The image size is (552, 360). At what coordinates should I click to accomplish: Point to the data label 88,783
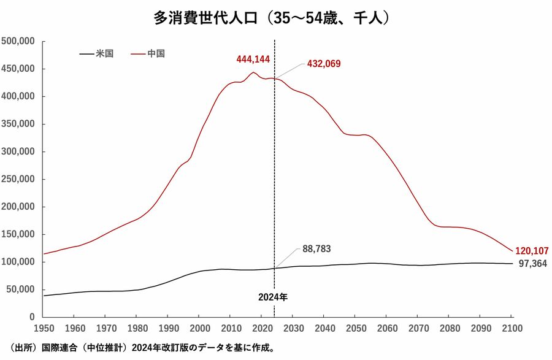click(x=317, y=249)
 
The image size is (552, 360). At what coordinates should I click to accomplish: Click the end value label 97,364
click(x=532, y=264)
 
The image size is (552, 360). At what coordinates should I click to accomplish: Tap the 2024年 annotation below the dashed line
click(x=273, y=297)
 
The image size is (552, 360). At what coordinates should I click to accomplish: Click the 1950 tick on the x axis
click(x=44, y=328)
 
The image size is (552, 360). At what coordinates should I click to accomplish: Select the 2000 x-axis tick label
click(x=199, y=328)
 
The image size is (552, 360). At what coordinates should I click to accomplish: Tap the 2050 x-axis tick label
click(x=356, y=328)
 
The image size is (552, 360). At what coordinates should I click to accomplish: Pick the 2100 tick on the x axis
click(x=512, y=328)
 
